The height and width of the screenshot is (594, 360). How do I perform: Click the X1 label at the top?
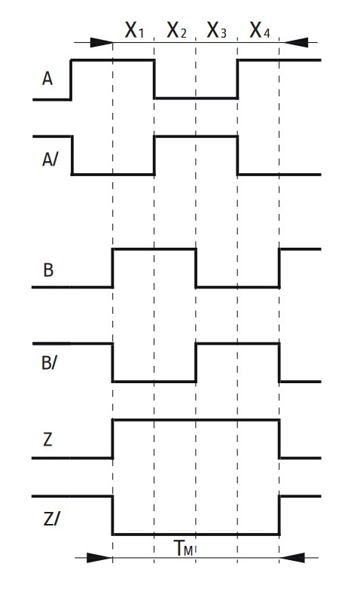(x=135, y=30)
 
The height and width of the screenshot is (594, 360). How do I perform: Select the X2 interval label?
(x=176, y=30)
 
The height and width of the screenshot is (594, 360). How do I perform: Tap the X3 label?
(x=216, y=30)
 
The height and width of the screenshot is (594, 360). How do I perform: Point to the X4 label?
(x=260, y=30)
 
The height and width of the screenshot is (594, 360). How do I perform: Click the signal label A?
(x=47, y=79)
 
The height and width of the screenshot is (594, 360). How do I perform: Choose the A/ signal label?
(x=50, y=160)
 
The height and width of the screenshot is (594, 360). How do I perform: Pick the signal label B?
(x=48, y=270)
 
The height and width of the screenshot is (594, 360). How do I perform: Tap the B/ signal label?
(x=49, y=363)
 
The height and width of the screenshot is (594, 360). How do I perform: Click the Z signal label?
(x=47, y=440)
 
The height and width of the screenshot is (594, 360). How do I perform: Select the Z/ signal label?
(x=51, y=519)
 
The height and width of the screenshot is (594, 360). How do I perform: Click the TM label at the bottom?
(x=184, y=548)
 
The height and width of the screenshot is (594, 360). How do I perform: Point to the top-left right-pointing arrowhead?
(x=102, y=42)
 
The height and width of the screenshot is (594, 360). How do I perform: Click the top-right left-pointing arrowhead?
(x=296, y=42)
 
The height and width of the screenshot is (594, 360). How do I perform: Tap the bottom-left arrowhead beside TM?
(x=99, y=558)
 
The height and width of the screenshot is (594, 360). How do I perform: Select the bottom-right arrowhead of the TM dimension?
(x=292, y=558)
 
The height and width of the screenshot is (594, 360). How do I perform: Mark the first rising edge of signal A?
(x=72, y=80)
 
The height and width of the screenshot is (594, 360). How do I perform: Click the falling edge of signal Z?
(x=279, y=439)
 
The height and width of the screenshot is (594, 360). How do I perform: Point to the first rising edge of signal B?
(x=112, y=268)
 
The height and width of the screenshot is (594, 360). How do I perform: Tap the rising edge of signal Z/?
(x=279, y=515)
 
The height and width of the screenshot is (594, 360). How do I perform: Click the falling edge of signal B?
(x=196, y=268)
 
